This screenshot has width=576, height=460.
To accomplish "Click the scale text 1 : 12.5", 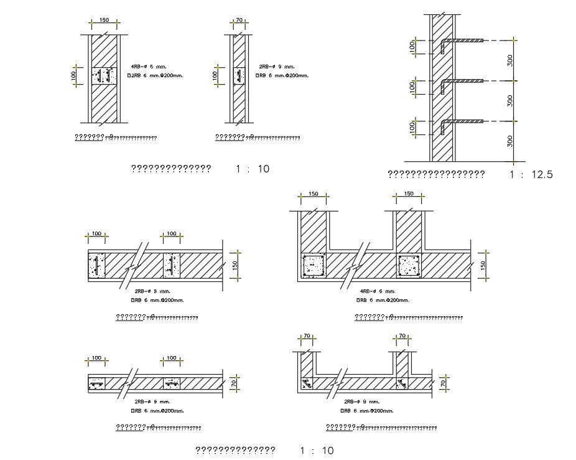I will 530,175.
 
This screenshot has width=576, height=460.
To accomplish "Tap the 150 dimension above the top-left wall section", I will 105,21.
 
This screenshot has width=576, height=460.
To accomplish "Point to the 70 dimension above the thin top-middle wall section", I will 239,21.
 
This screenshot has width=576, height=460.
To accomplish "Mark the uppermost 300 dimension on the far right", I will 510,60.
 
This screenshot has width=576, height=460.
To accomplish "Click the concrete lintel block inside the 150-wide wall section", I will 104,77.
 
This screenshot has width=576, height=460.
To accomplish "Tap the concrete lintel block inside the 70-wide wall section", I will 239,77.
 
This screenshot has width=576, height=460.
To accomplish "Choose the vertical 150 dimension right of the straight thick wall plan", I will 235,265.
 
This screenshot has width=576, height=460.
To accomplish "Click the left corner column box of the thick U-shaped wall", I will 312,266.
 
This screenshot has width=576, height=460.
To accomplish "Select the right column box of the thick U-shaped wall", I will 409,266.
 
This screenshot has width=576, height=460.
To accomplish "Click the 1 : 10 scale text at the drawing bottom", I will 316,451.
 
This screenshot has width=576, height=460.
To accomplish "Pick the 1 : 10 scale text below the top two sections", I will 252,169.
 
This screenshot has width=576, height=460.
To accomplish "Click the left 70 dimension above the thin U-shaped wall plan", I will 306,336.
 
